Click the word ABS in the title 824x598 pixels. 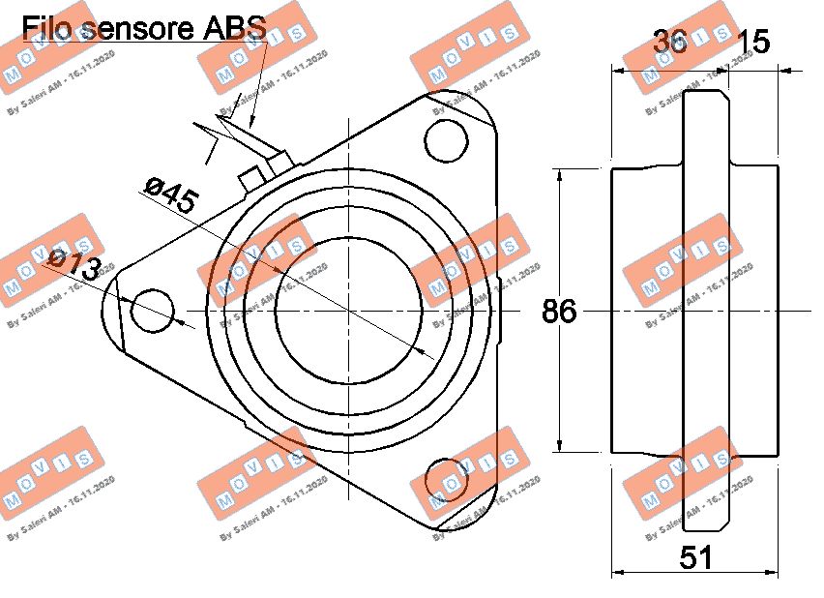point(233,27)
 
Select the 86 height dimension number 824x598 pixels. point(559,312)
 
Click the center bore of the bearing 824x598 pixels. point(348,311)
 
